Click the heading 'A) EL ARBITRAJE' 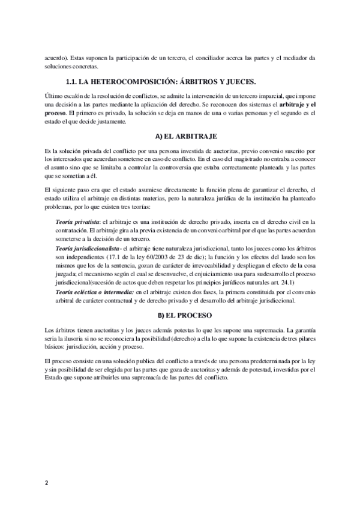(x=179, y=137)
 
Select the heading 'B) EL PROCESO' (x=179, y=315)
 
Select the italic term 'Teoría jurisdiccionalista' (x=88, y=248)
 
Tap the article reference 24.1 (x=299, y=281)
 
